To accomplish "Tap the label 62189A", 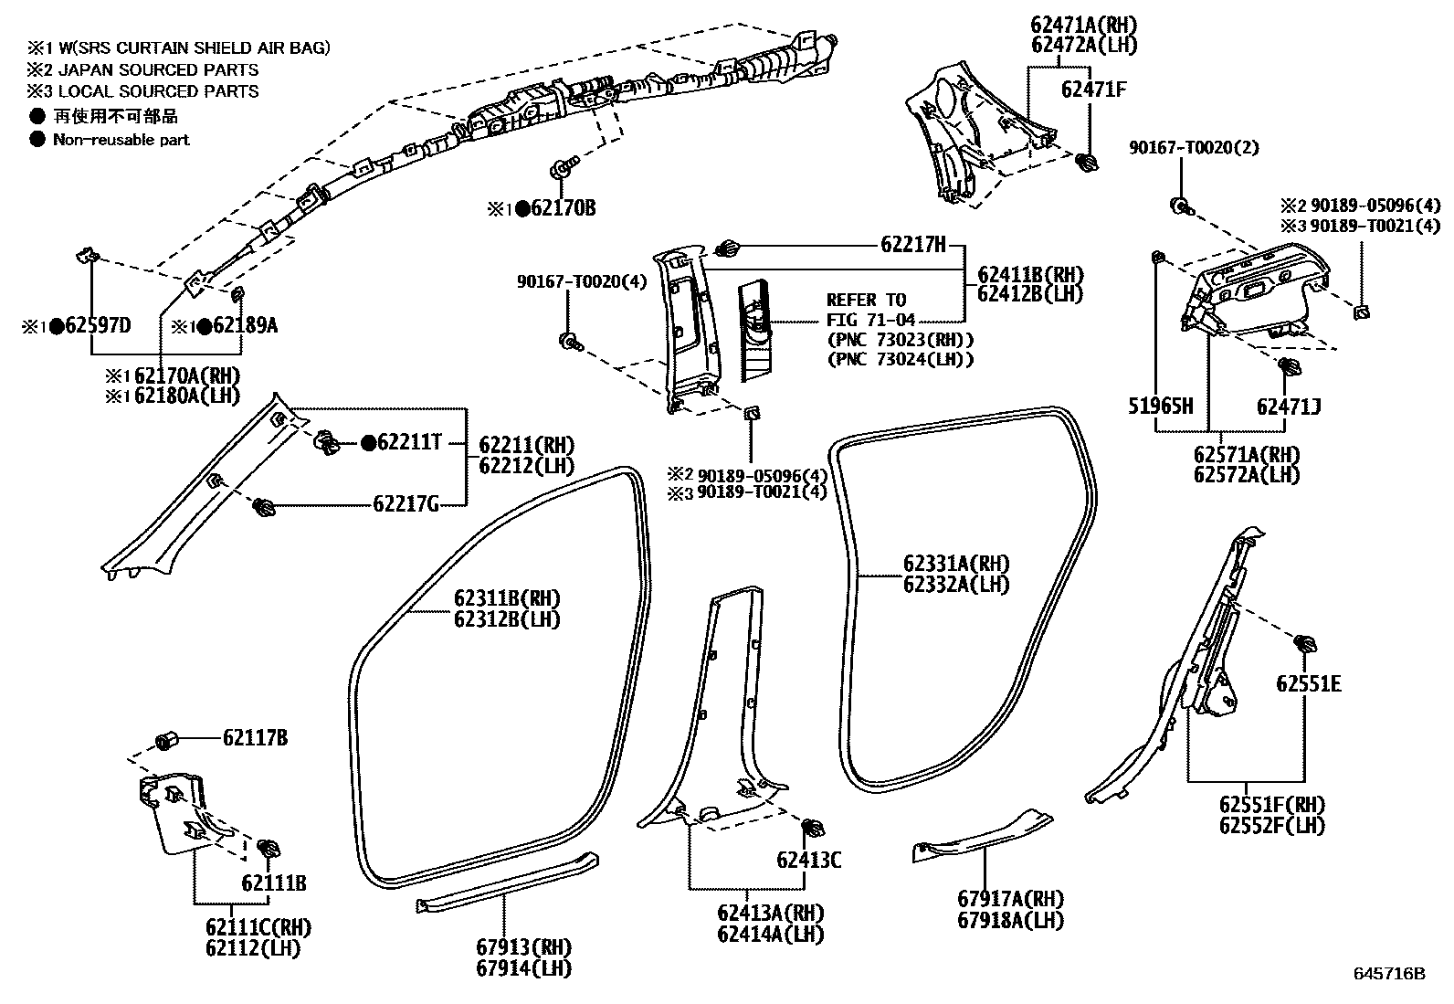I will coord(245,326).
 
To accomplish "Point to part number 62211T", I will coord(409,444).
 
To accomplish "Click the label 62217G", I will coord(406,503).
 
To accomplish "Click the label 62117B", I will coord(255,737).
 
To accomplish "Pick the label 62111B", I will coord(274,883).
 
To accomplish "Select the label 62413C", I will coord(809,860).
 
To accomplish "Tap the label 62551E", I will coord(1308,684).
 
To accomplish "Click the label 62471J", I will coord(1288,407).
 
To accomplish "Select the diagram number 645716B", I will coord(1389,974).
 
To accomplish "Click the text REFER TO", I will coord(866,300).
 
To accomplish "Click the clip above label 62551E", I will coord(1304,643).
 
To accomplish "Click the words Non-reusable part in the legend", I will coord(121,140).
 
